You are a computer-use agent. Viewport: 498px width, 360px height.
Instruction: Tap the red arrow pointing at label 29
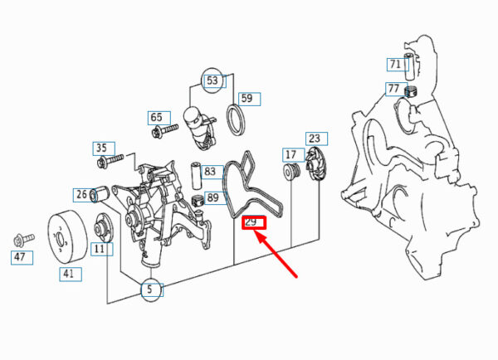click(276, 254)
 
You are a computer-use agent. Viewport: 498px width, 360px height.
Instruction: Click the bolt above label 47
click(24, 240)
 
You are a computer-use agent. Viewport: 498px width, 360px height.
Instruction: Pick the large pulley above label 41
click(67, 236)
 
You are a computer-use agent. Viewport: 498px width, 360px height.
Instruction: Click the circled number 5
click(151, 289)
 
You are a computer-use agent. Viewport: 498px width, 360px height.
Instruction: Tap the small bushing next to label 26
click(100, 193)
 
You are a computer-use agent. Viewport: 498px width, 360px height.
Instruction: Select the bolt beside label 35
click(110, 161)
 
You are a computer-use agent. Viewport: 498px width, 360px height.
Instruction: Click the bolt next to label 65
click(165, 131)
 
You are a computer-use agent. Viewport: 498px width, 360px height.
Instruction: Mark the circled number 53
click(212, 80)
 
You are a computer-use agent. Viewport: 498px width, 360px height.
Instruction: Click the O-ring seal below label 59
click(237, 119)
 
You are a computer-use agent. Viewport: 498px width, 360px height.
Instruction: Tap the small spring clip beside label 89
click(198, 201)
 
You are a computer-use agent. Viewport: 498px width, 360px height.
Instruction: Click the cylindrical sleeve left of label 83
click(195, 177)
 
